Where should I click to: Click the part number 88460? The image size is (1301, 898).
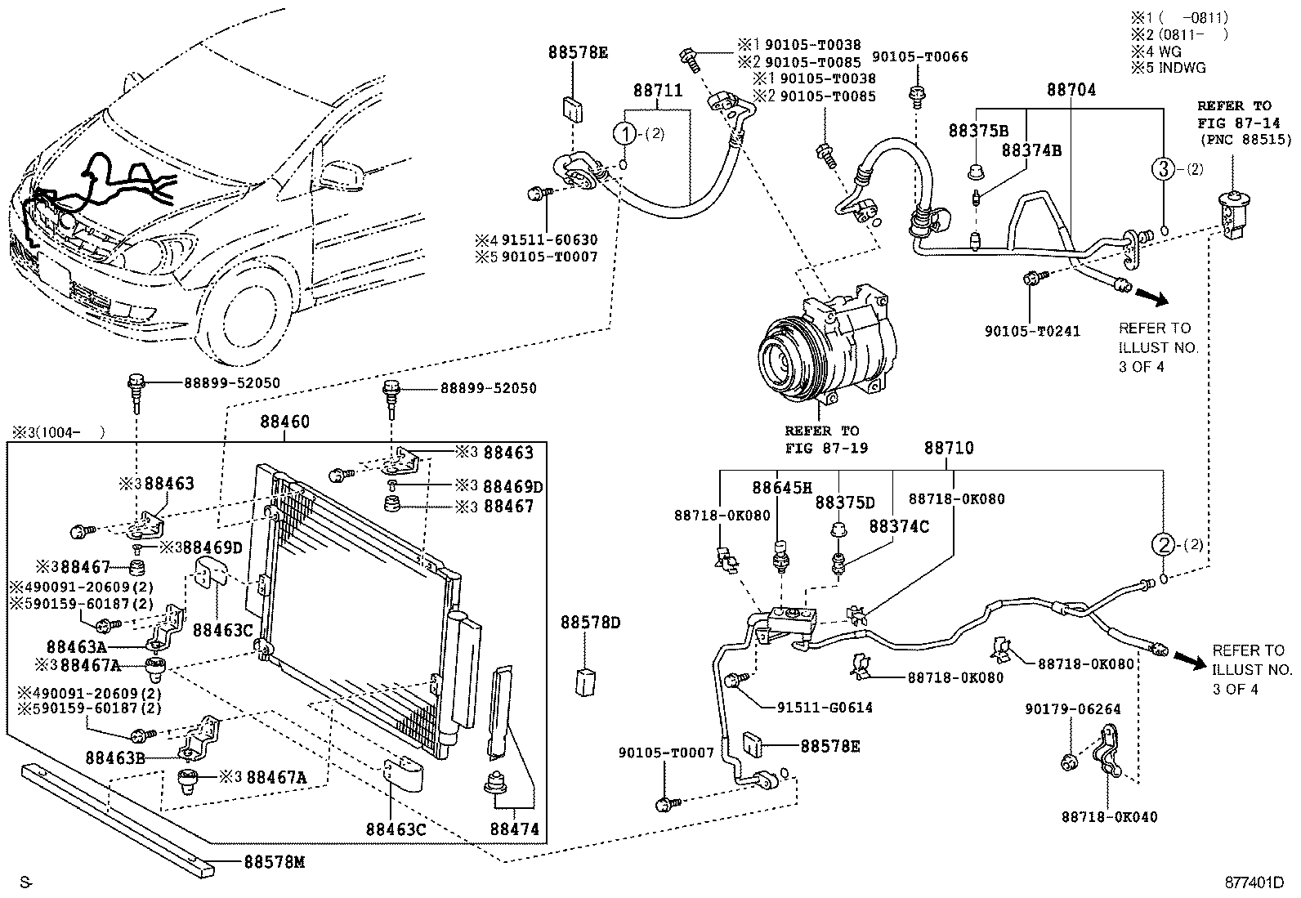[285, 422]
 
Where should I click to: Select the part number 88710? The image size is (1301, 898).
[949, 449]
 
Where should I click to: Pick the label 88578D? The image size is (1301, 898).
[590, 623]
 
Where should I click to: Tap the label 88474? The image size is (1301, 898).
[514, 829]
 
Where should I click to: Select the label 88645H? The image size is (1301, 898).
[782, 488]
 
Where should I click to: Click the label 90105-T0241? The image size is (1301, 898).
[1032, 331]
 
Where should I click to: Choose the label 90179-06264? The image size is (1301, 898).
[1073, 709]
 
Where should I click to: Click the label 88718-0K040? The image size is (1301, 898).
[1109, 816]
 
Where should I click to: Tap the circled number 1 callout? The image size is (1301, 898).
[626, 134]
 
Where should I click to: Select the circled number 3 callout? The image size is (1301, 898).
[1164, 170]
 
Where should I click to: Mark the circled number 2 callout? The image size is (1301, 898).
[1164, 543]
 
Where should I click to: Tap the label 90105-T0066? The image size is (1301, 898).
[919, 56]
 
